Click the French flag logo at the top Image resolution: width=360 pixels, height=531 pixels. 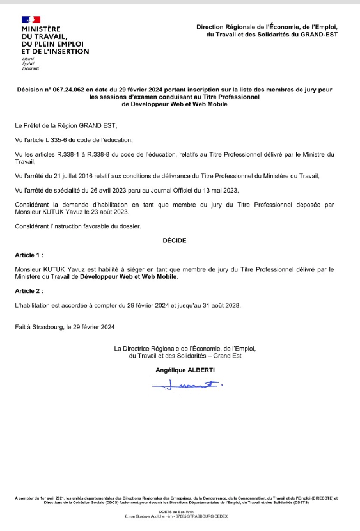31,20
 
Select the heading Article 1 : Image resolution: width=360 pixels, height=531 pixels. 29,255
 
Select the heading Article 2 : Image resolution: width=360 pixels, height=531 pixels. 29,290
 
